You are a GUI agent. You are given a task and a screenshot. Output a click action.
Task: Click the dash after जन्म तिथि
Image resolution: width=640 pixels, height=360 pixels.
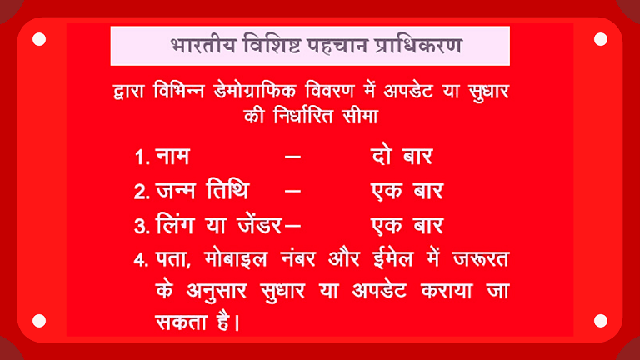coord(292,191)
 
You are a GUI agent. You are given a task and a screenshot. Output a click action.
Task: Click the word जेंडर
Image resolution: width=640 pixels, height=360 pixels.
coord(253,225)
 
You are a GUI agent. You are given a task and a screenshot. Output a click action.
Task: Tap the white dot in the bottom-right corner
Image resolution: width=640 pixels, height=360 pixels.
coord(601,320)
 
